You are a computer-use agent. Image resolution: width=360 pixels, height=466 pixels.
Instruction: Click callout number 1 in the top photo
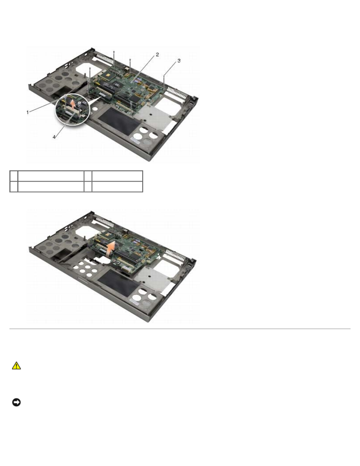[x=28, y=112]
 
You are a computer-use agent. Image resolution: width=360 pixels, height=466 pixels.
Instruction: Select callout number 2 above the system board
[x=157, y=55]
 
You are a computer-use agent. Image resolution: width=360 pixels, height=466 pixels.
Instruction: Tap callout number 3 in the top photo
[x=179, y=61]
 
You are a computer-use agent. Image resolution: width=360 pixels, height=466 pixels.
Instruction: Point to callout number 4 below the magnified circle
[x=54, y=137]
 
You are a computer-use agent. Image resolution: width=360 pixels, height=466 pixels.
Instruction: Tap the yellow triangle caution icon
[x=16, y=366]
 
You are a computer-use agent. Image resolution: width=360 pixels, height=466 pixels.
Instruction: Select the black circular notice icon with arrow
[x=16, y=402]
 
